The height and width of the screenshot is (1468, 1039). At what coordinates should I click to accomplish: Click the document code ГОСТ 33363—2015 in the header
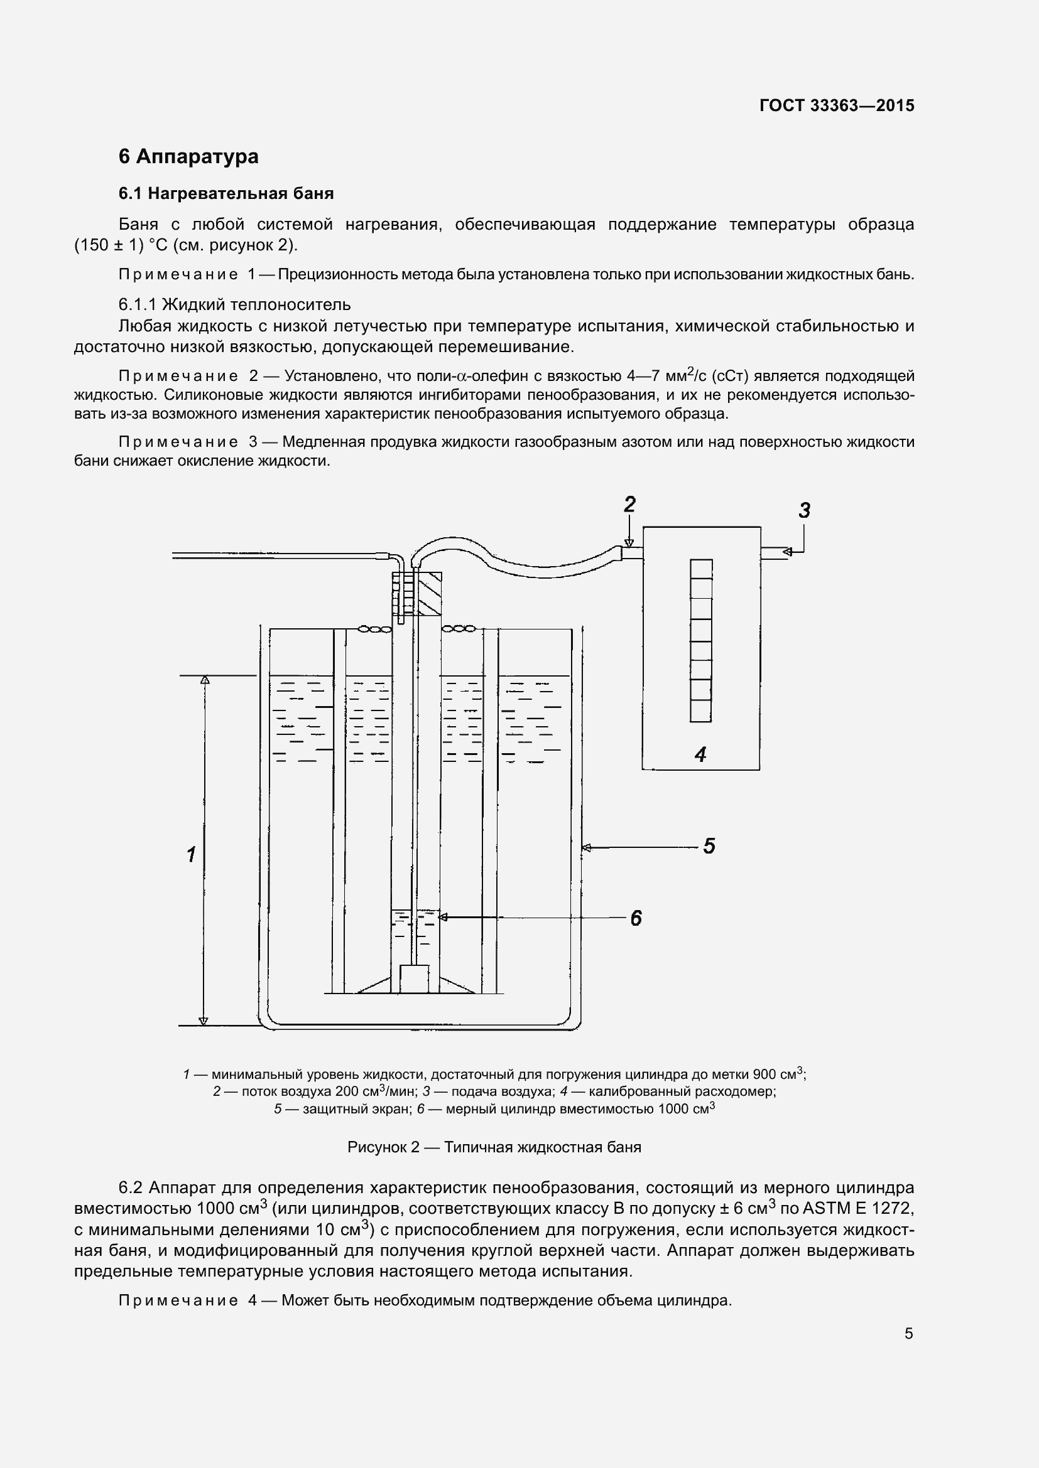[x=836, y=105]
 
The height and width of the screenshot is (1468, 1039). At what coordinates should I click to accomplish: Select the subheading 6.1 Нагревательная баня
[x=226, y=193]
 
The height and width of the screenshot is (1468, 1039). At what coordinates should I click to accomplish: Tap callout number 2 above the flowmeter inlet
[x=629, y=505]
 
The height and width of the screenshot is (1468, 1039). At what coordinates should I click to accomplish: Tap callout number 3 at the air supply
[x=804, y=510]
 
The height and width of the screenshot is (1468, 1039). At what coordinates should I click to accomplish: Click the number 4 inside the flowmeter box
[x=700, y=754]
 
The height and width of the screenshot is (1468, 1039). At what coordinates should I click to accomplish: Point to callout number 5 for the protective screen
[x=709, y=847]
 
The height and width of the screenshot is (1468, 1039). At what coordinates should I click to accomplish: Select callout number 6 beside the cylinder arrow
[x=635, y=919]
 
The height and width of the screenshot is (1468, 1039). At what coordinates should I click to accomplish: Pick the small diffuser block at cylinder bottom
[x=414, y=979]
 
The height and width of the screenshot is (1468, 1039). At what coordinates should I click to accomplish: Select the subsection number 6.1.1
[x=138, y=304]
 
